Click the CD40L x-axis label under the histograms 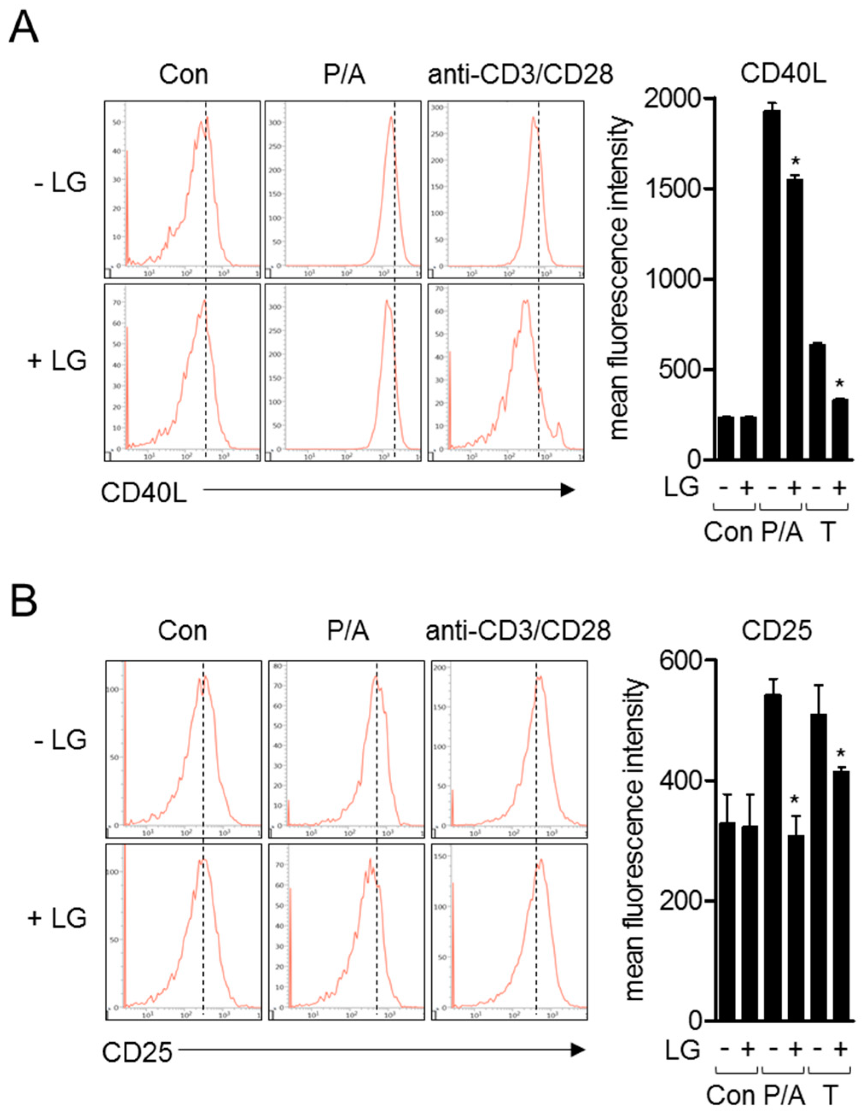(x=143, y=493)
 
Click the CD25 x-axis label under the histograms (x=137, y=1053)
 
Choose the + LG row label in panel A (x=57, y=361)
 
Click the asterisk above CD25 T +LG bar (x=841, y=753)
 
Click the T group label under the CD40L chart (x=827, y=532)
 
